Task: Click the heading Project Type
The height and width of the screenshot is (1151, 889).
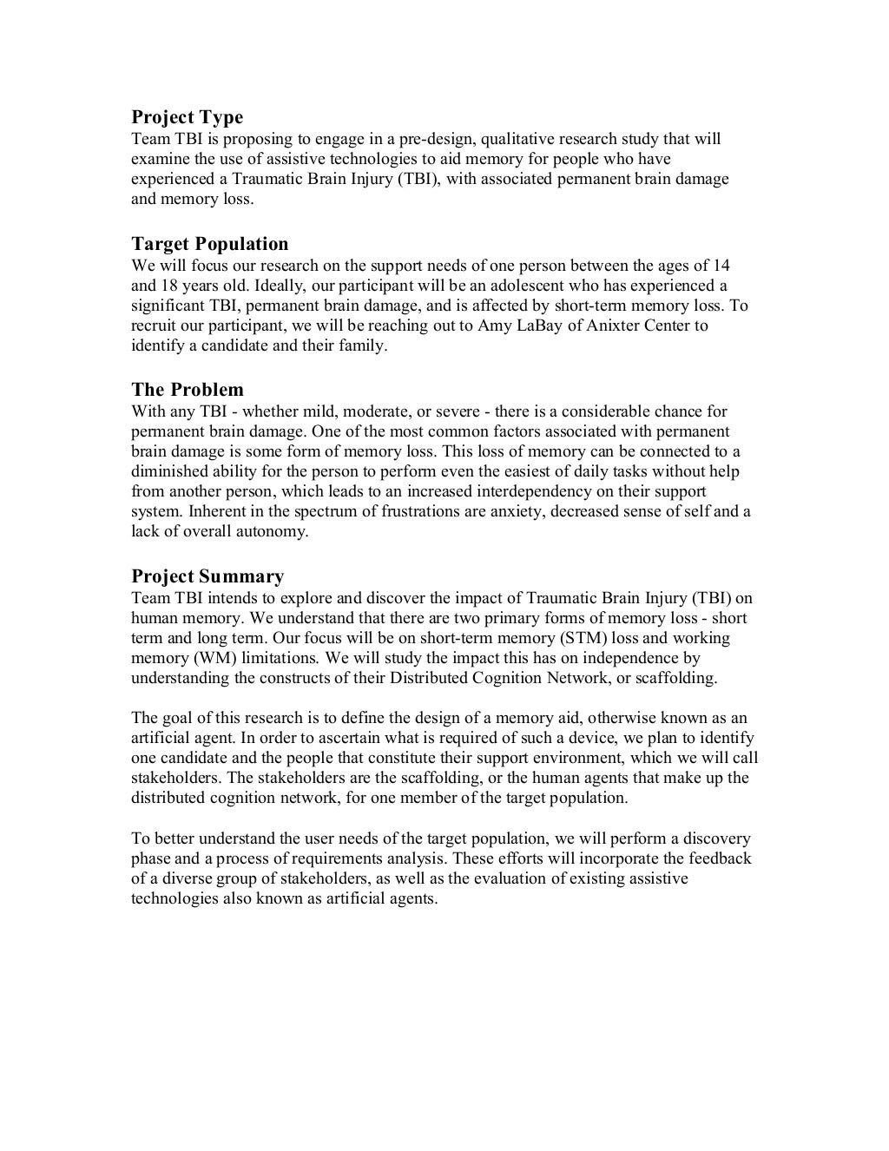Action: (187, 117)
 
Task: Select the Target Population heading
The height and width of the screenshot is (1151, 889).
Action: (209, 244)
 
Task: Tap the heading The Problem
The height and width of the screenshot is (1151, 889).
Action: (187, 390)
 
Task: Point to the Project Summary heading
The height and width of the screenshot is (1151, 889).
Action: (207, 577)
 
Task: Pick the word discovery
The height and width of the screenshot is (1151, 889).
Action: (716, 839)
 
